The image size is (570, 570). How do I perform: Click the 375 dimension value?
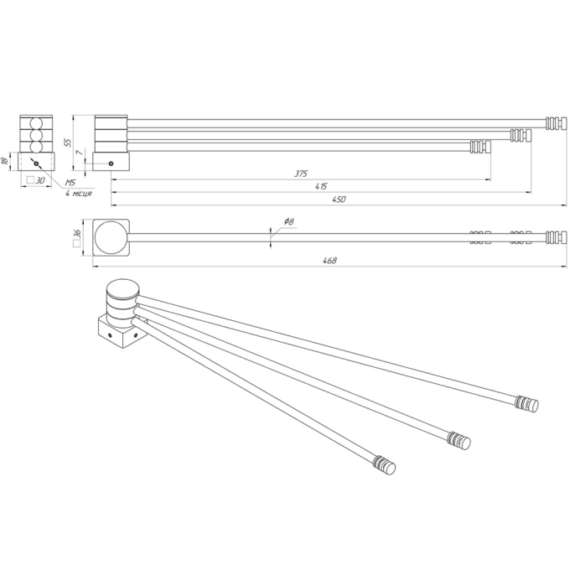pos(301,174)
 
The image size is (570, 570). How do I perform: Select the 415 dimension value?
pos(321,186)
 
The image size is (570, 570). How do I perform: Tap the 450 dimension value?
pos(339,199)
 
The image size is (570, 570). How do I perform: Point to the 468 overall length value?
pos(329,261)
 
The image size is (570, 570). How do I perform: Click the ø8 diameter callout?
pos(288,221)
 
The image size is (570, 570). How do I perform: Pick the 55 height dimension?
pos(68,142)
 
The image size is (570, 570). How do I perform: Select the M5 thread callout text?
pos(70,183)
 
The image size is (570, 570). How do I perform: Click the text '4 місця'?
pos(79,194)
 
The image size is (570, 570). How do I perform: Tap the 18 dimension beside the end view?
pos(5,161)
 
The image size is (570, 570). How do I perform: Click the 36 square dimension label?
pos(77,238)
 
